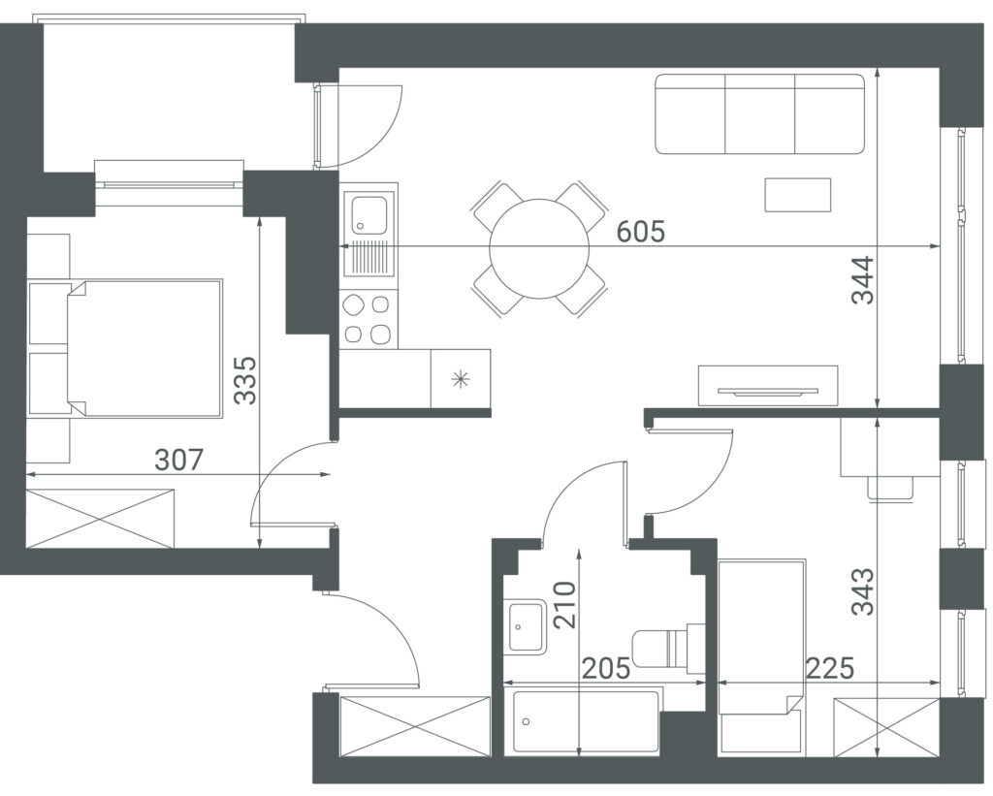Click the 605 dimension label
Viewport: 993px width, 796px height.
(641, 232)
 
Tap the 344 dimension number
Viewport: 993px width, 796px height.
(862, 280)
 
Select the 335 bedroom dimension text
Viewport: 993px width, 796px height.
(244, 380)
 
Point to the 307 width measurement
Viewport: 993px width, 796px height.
(179, 461)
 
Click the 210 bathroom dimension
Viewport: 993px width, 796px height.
(565, 605)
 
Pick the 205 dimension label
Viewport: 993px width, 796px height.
(606, 669)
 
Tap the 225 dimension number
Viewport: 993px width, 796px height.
(830, 668)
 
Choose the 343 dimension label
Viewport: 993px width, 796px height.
(862, 591)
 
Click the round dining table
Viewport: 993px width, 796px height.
(539, 249)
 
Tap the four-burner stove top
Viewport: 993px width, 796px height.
(368, 320)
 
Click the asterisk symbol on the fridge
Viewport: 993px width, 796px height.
(461, 379)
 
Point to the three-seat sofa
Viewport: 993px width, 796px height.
(760, 114)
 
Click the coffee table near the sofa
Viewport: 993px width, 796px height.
(798, 195)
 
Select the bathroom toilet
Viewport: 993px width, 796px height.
(668, 648)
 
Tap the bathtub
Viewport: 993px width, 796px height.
(587, 722)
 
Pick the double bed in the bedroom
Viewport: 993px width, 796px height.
(144, 348)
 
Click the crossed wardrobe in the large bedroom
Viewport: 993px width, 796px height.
(100, 518)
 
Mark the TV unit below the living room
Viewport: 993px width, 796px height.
(768, 385)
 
